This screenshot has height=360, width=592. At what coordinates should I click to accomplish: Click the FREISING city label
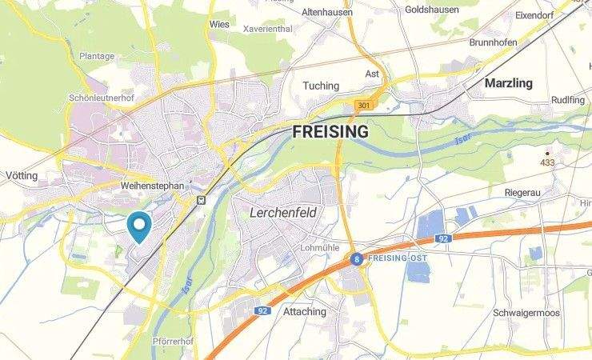pyautogui.click(x=330, y=131)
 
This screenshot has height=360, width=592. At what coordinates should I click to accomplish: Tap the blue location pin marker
pyautogui.click(x=139, y=226)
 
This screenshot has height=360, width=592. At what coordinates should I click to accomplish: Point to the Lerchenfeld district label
pyautogui.click(x=283, y=213)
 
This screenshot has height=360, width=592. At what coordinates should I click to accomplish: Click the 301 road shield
pyautogui.click(x=364, y=106)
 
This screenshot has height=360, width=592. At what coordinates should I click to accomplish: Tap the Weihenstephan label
pyautogui.click(x=151, y=186)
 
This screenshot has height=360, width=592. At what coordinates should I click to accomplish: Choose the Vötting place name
pyautogui.click(x=22, y=174)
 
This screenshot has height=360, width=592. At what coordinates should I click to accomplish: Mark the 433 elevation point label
pyautogui.click(x=547, y=162)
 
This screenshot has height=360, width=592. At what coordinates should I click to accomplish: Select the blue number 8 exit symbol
pyautogui.click(x=357, y=258)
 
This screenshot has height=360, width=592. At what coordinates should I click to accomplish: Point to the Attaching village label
pyautogui.click(x=305, y=311)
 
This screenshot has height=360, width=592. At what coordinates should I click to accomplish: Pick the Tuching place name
pyautogui.click(x=321, y=86)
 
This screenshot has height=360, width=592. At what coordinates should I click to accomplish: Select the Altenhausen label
pyautogui.click(x=327, y=12)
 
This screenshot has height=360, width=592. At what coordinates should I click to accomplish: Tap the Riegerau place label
pyautogui.click(x=523, y=193)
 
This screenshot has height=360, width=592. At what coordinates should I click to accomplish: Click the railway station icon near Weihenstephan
pyautogui.click(x=201, y=201)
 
